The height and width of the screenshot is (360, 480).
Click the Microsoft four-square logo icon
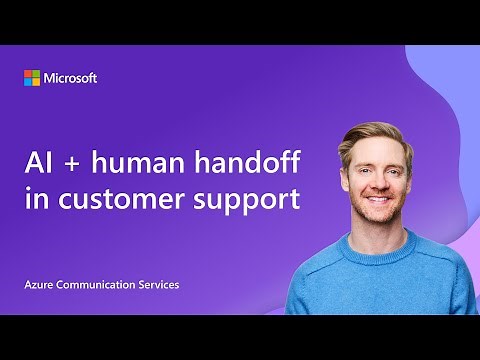pos(32,78)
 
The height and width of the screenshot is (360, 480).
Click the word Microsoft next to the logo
pos(70,78)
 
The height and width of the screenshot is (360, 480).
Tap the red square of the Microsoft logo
pos(28,74)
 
